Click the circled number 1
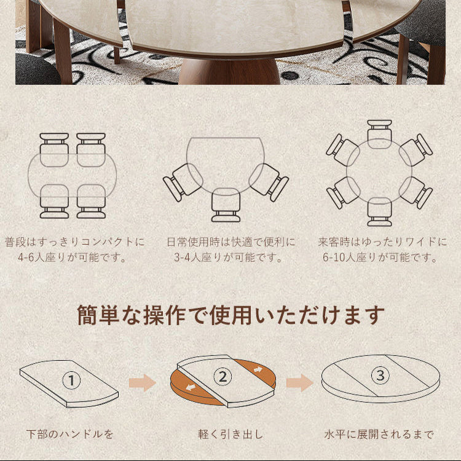71,380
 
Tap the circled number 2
223,377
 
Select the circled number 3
380,375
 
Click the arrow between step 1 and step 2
143,382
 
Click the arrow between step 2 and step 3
300,382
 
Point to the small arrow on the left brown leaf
191,388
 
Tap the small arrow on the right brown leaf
258,369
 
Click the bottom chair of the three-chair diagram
226,205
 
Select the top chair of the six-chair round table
379,134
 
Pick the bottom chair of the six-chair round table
379,211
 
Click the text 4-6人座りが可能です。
72,258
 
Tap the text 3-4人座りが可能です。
228,258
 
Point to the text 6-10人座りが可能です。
380,258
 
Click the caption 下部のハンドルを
69,434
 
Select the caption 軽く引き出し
230,434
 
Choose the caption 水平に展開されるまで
379,434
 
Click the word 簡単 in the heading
98,315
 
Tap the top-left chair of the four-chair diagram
54,149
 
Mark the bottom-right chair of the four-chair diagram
91,202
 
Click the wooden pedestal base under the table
229,71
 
